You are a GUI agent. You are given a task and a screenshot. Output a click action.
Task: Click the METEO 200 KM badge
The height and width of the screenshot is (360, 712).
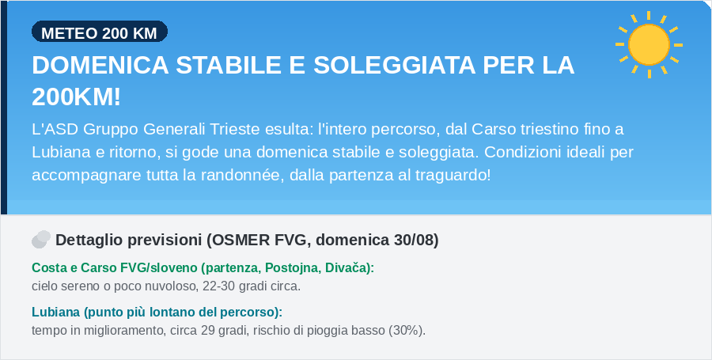tap(100, 32)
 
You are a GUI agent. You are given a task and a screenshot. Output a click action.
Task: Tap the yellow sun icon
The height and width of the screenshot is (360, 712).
tap(649, 44)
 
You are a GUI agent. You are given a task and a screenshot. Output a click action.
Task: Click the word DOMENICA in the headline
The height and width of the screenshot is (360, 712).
tap(100, 66)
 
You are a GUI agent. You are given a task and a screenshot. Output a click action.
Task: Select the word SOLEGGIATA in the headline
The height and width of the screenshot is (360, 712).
tap(394, 66)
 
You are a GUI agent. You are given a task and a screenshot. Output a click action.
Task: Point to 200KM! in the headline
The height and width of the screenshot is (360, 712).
tap(76, 97)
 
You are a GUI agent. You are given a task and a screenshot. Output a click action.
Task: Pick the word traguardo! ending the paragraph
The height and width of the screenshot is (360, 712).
tap(453, 175)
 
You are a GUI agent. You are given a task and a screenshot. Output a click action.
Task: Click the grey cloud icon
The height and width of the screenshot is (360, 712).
tap(41, 239)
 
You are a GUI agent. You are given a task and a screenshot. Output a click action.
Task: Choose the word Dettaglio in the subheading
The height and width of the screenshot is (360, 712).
tap(85, 241)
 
